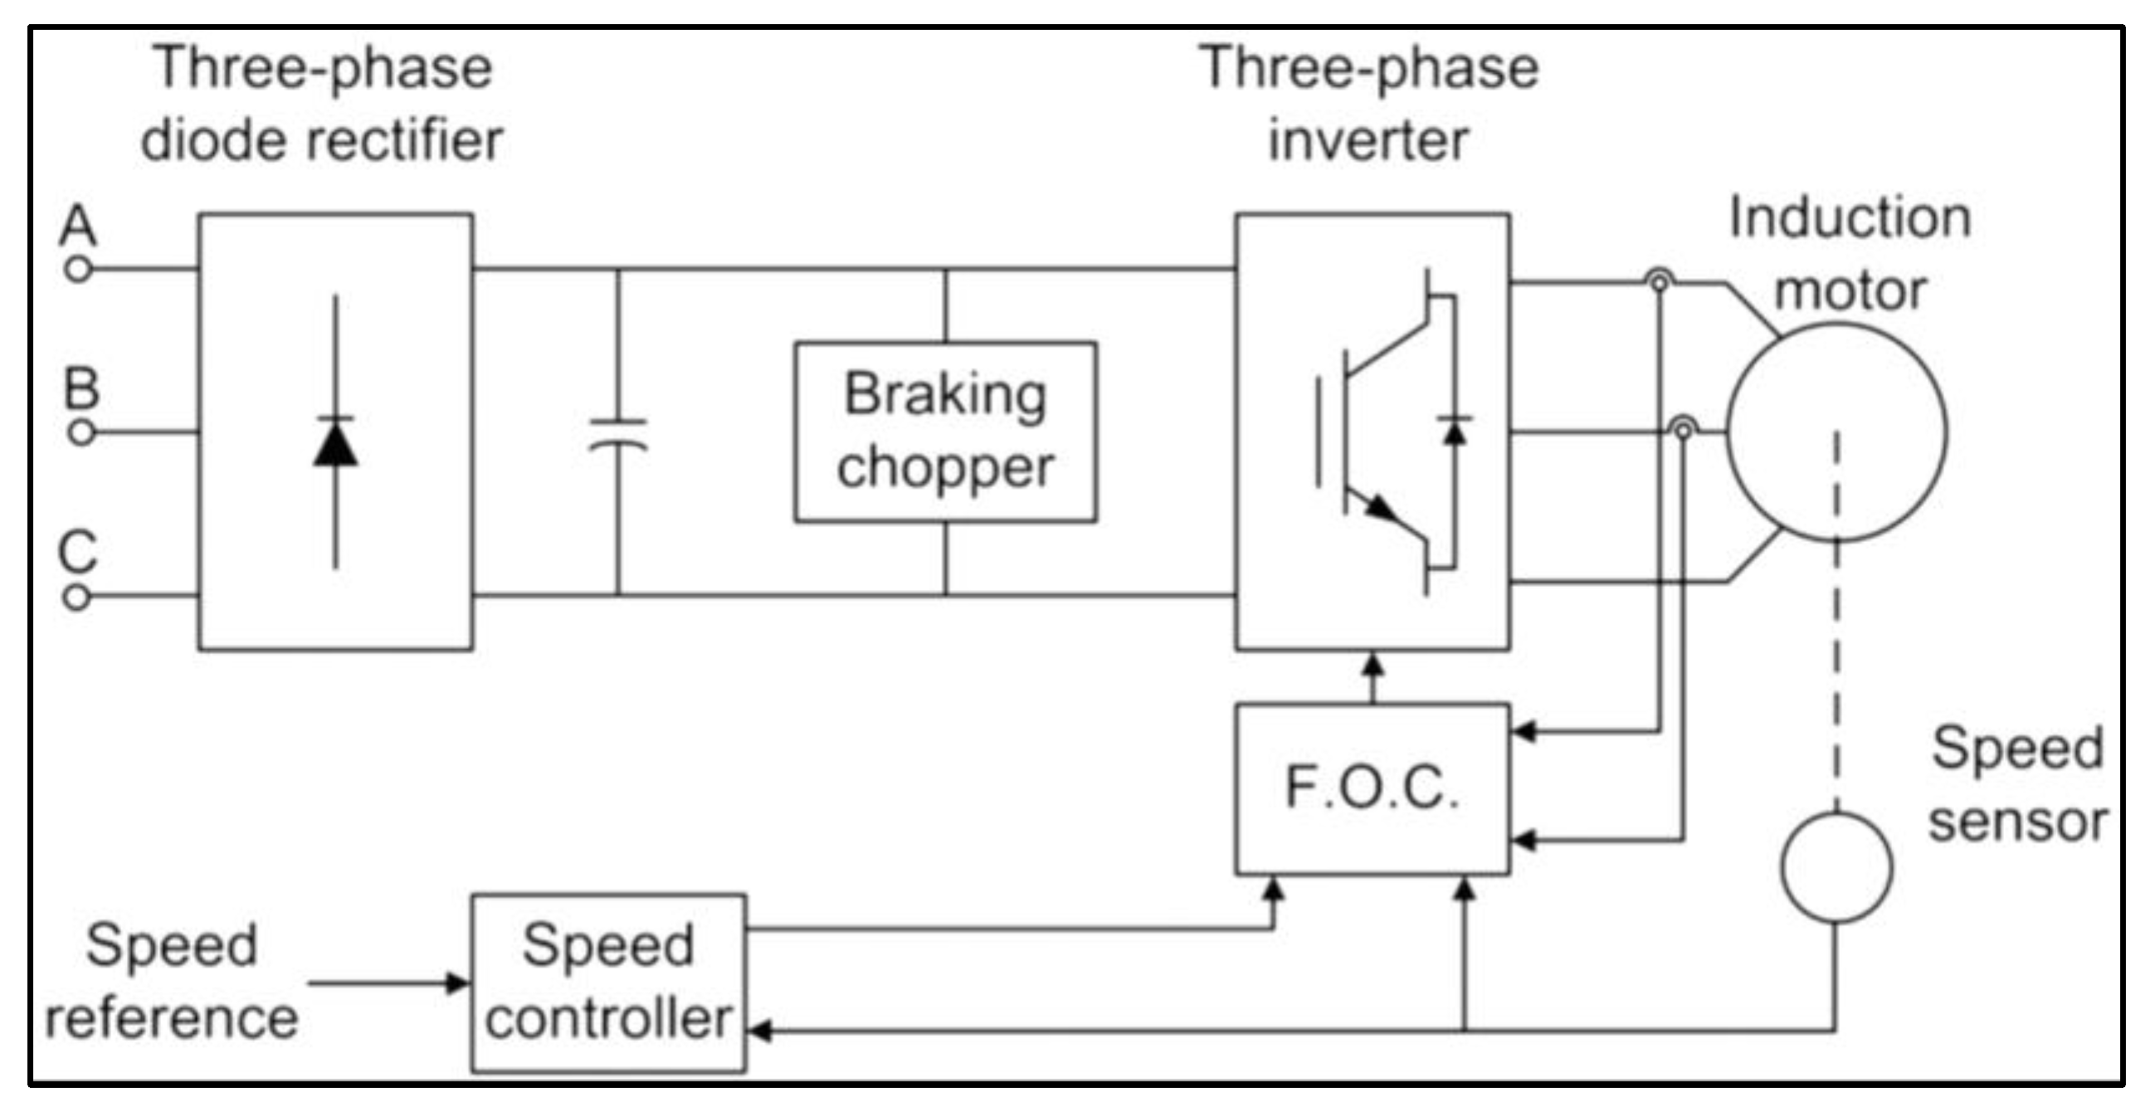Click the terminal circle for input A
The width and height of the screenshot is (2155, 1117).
pyautogui.click(x=78, y=270)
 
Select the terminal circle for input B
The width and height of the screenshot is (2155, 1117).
pyautogui.click(x=81, y=432)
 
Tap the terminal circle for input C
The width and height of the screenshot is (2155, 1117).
pyautogui.click(x=76, y=598)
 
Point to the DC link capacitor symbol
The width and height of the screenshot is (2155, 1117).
pyautogui.click(x=618, y=435)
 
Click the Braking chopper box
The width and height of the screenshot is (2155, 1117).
pyautogui.click(x=945, y=432)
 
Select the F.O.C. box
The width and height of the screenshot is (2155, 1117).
pyautogui.click(x=1372, y=789)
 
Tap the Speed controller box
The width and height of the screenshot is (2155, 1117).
pyautogui.click(x=608, y=983)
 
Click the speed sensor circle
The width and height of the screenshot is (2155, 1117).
pyautogui.click(x=1836, y=868)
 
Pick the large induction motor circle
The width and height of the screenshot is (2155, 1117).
pyautogui.click(x=1836, y=432)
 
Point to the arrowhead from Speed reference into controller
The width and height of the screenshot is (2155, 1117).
pyautogui.click(x=457, y=983)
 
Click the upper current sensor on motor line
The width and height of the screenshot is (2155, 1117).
pyautogui.click(x=1659, y=281)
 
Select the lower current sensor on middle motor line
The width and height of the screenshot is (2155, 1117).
pyautogui.click(x=1683, y=429)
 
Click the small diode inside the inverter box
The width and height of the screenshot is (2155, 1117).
pyautogui.click(x=1455, y=431)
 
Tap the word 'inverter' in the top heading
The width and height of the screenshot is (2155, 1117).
pyautogui.click(x=1368, y=140)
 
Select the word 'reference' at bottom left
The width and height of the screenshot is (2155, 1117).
pyautogui.click(x=172, y=1018)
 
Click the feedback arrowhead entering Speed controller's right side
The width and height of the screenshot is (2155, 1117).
pyautogui.click(x=758, y=1030)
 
